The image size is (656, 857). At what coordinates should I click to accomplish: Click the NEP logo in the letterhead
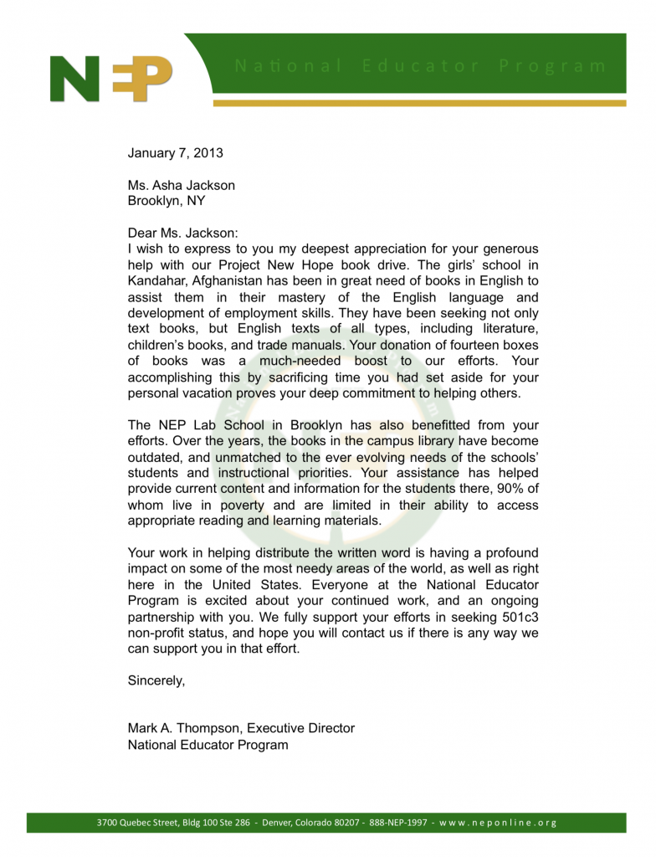tap(111, 78)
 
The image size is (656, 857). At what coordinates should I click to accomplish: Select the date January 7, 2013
tap(175, 153)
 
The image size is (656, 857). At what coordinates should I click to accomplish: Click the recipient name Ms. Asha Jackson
tap(181, 185)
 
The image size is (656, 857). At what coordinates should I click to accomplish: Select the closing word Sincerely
tap(156, 680)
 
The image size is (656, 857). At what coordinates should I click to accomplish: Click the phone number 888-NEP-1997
tap(397, 822)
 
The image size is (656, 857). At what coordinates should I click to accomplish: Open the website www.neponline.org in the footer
tap(497, 822)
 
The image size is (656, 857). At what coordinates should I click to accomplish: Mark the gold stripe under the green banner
tap(418, 104)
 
